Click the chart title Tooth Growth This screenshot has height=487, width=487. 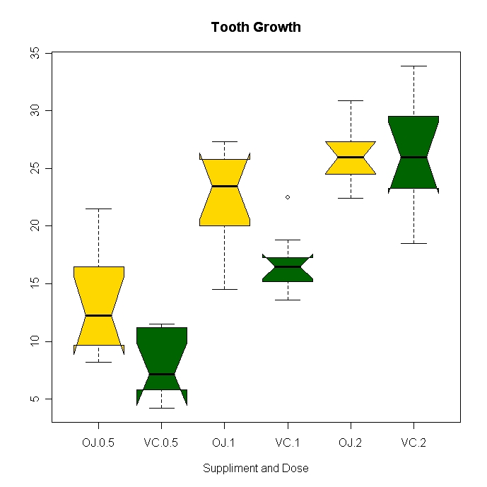256,28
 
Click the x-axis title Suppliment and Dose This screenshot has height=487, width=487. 256,468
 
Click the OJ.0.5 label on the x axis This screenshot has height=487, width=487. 98,443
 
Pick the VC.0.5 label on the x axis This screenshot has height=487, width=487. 161,443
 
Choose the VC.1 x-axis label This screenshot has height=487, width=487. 288,443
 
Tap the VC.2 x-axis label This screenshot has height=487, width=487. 413,443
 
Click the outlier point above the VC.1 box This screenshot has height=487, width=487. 288,197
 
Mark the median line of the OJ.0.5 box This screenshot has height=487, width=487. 98,315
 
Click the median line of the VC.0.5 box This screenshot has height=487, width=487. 161,374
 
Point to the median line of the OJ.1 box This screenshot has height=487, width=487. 225,186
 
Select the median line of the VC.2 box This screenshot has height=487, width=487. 413,157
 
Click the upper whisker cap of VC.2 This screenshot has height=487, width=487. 413,66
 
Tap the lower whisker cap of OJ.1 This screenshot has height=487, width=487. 225,289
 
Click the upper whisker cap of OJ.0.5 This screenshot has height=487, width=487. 98,209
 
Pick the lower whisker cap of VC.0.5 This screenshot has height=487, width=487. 161,408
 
